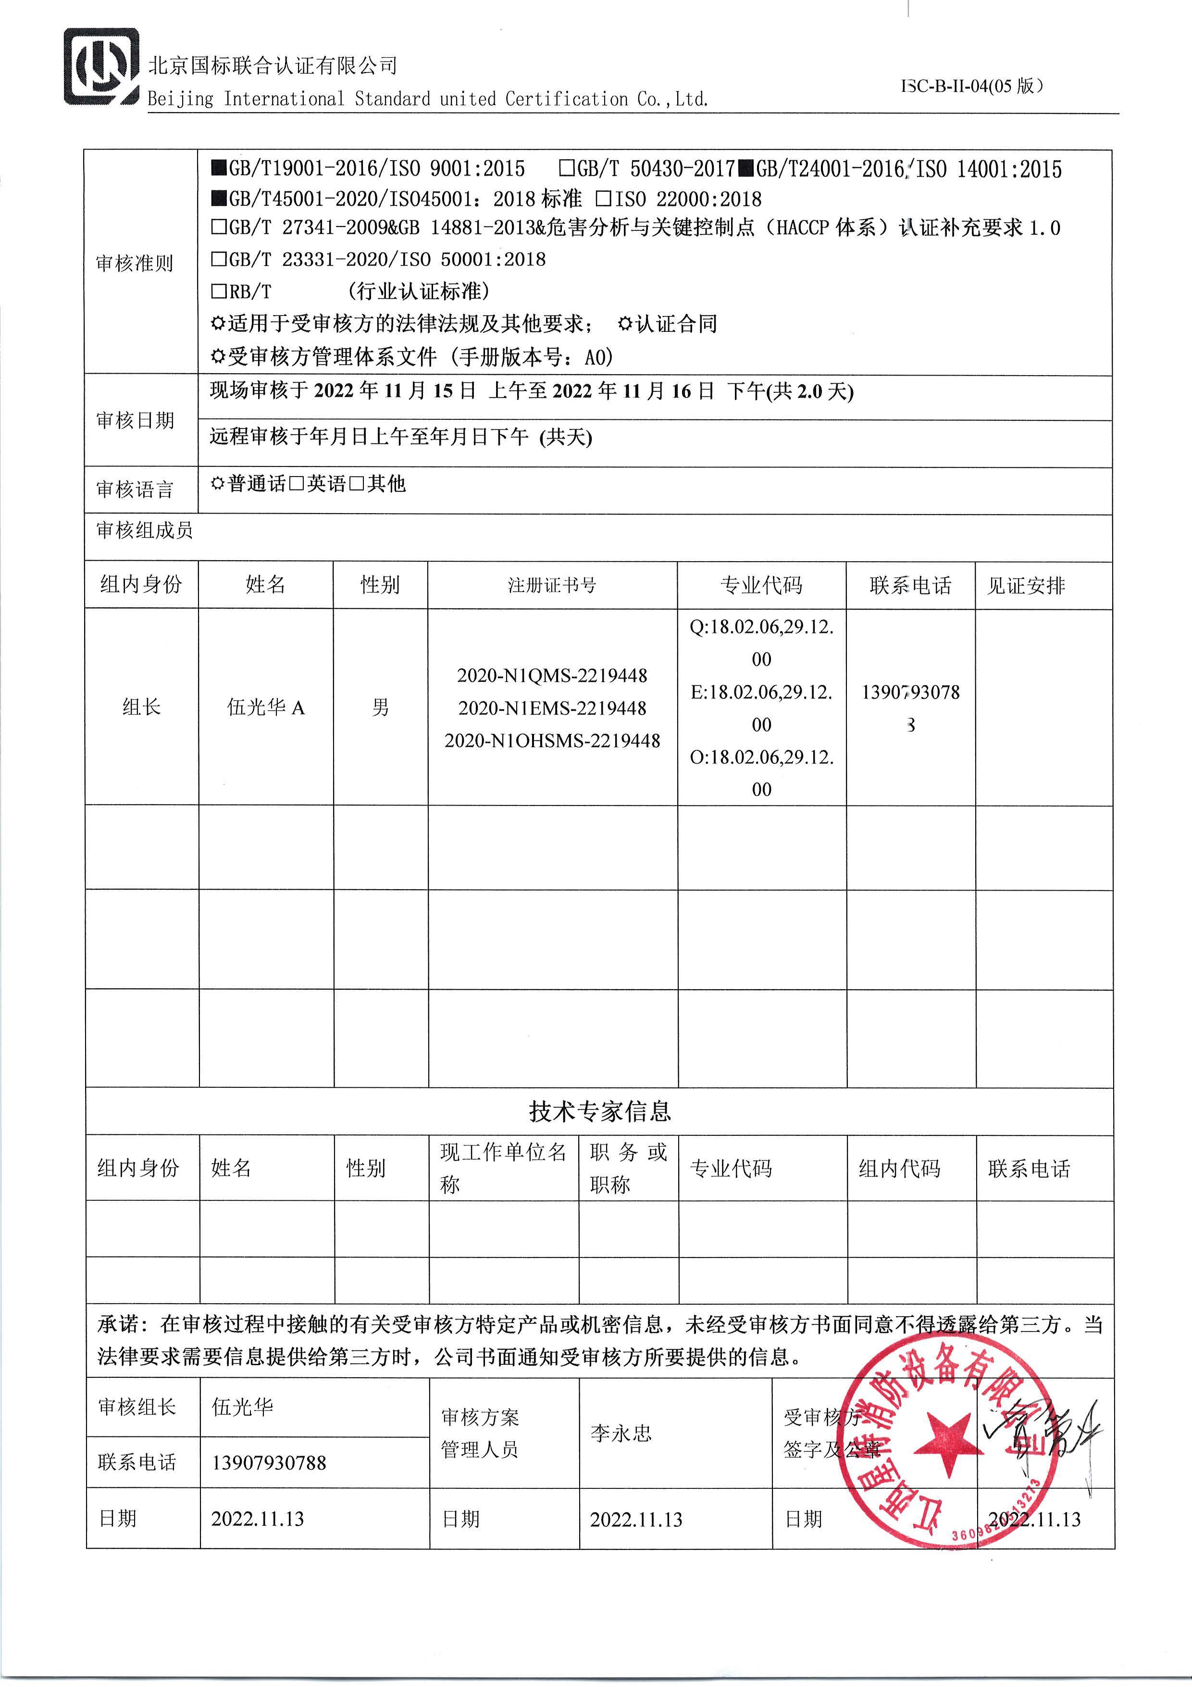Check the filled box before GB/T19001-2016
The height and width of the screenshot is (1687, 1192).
219,168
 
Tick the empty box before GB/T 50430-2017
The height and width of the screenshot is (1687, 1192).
566,168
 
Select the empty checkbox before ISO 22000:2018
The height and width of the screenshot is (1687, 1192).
604,199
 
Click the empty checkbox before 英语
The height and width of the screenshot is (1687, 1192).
297,483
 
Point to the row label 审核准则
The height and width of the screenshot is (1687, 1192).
135,263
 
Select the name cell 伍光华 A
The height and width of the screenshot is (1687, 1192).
265,707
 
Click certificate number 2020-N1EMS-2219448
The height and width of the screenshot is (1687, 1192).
552,708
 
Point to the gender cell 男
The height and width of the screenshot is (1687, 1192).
381,707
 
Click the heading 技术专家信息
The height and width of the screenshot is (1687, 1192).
599,1110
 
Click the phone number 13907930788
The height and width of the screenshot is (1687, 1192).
269,1462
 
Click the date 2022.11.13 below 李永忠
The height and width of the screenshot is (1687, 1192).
636,1520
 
